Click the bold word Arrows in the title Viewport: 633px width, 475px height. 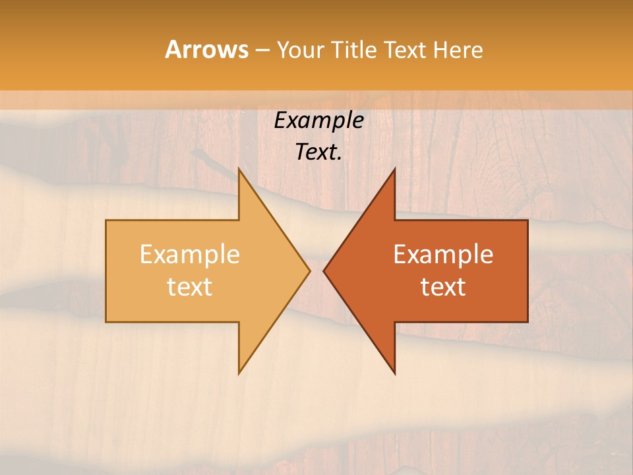pyautogui.click(x=206, y=49)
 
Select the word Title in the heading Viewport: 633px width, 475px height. pyautogui.click(x=356, y=50)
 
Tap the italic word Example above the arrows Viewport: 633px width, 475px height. pyautogui.click(x=319, y=121)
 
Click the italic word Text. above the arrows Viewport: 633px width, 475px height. pyautogui.click(x=319, y=152)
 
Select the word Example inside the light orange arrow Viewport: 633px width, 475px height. pyautogui.click(x=190, y=255)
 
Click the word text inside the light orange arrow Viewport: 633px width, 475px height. pyautogui.click(x=190, y=287)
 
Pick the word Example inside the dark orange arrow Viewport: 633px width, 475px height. pyautogui.click(x=443, y=255)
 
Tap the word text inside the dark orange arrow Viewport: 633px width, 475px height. pyautogui.click(x=443, y=287)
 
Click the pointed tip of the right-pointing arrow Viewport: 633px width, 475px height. pyautogui.click(x=309, y=270)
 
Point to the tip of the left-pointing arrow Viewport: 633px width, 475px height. pyautogui.click(x=324, y=270)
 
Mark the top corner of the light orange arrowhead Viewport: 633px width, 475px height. pyautogui.click(x=239, y=168)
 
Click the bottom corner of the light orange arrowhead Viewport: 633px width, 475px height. pyautogui.click(x=239, y=373)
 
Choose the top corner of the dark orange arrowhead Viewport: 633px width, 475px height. pyautogui.click(x=394, y=168)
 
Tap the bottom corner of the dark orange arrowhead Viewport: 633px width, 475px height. pyautogui.click(x=394, y=373)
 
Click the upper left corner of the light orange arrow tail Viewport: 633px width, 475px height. pyautogui.click(x=106, y=220)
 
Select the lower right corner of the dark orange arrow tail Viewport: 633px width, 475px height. pyautogui.click(x=527, y=321)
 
